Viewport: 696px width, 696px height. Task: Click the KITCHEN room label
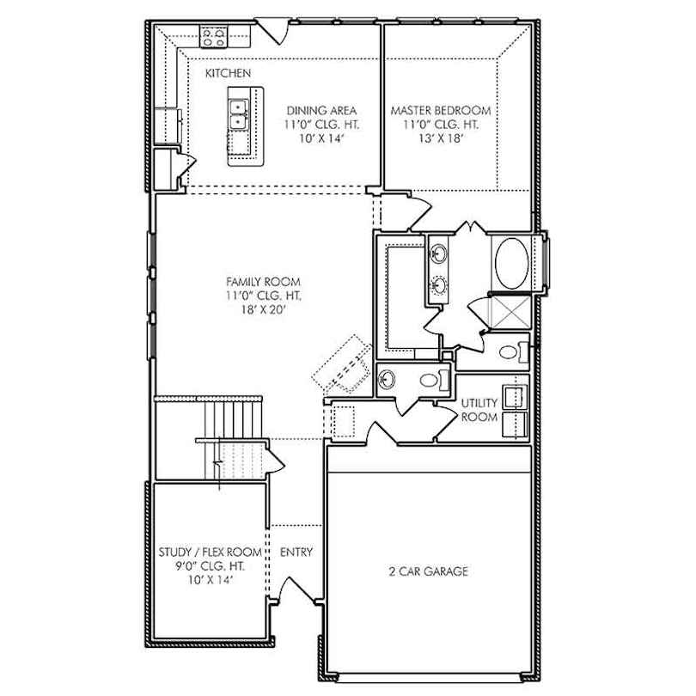coord(228,73)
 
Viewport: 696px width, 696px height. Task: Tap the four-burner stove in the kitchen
coord(213,37)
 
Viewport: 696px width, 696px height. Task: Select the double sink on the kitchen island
coord(238,114)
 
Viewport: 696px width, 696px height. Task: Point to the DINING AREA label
coord(321,111)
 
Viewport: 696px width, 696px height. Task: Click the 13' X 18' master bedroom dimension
coord(440,138)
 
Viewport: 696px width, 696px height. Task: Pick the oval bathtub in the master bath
coord(512,264)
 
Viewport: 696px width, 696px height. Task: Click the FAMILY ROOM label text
coord(263,282)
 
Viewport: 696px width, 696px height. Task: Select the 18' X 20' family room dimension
coord(263,309)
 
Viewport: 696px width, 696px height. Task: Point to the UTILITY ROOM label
coord(479,410)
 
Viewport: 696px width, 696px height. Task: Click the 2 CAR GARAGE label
coord(429,571)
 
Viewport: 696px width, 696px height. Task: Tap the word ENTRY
coord(296,552)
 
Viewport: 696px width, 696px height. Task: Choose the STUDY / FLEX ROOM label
coord(210,553)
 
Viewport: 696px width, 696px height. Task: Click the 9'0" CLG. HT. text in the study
coord(210,566)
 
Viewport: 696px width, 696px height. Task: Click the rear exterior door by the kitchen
coord(272,31)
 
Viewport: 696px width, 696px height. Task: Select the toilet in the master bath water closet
coord(513,352)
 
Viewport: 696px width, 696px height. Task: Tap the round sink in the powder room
coord(387,379)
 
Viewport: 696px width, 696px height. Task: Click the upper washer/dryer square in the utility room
coord(515,397)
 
